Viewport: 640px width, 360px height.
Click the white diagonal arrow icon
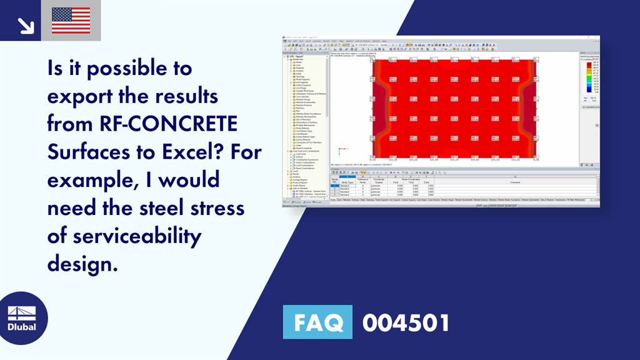tap(26, 25)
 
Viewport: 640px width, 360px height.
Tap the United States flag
tap(71, 21)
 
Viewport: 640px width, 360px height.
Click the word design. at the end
tap(82, 264)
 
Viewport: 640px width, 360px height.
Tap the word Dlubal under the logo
tap(21, 327)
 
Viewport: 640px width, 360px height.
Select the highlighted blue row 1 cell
tap(336, 186)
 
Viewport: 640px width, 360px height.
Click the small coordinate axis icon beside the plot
tap(339, 150)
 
